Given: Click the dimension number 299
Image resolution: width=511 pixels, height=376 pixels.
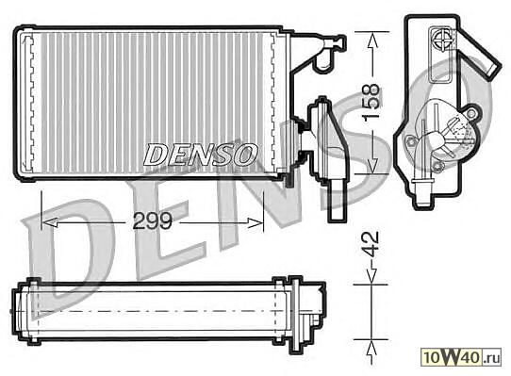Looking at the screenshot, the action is [x=152, y=221].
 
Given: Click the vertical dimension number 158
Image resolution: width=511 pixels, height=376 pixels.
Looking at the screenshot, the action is [x=371, y=103].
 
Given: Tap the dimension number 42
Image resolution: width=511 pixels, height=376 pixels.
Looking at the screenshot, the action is [x=371, y=243].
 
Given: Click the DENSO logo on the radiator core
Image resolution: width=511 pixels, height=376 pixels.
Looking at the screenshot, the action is [x=201, y=155].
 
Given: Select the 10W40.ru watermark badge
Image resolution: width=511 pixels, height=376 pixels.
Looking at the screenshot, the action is [x=461, y=356].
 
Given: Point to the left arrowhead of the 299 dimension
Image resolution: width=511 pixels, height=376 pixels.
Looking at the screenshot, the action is [x=50, y=222].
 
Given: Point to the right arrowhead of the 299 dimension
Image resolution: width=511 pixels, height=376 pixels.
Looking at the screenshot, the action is [x=255, y=222].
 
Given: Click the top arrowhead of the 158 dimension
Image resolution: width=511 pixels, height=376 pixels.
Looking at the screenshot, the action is [x=371, y=40].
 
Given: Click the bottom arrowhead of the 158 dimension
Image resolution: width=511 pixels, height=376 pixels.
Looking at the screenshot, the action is [x=371, y=166].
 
